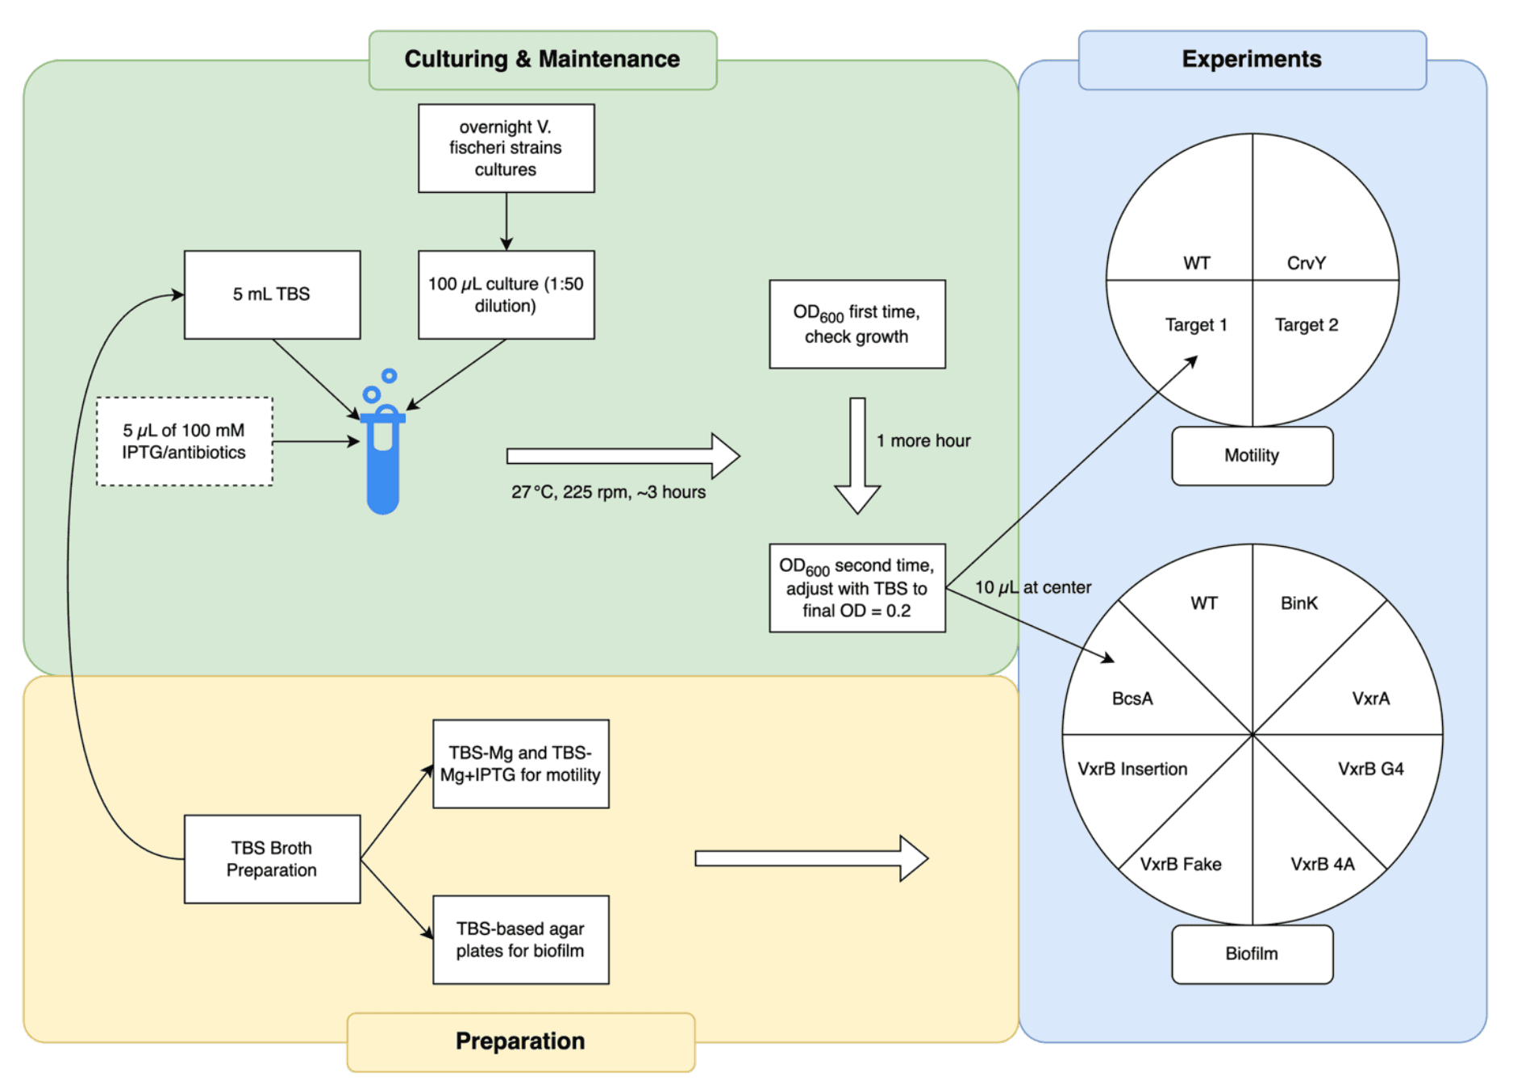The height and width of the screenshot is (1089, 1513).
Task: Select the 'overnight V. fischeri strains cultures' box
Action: pyautogui.click(x=506, y=148)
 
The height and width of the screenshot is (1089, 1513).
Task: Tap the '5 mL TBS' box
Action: pyautogui.click(x=272, y=294)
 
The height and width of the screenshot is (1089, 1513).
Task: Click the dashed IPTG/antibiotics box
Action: pyautogui.click(x=184, y=441)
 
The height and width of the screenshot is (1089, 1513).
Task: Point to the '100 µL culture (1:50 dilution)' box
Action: pyautogui.click(x=506, y=294)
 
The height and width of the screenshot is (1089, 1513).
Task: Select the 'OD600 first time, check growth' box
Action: pyautogui.click(x=857, y=324)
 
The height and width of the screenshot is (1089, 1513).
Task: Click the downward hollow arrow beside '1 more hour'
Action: pyautogui.click(x=857, y=456)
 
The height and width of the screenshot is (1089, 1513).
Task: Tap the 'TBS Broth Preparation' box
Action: pyautogui.click(x=272, y=859)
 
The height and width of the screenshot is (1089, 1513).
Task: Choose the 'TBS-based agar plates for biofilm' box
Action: pyautogui.click(x=520, y=940)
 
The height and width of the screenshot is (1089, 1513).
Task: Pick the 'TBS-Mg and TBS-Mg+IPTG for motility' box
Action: pyautogui.click(x=520, y=764)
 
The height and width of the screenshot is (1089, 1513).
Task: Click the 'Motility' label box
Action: pyautogui.click(x=1252, y=456)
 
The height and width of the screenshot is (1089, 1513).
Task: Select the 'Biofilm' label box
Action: pyautogui.click(x=1252, y=954)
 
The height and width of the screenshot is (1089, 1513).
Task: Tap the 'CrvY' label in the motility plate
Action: pyautogui.click(x=1307, y=263)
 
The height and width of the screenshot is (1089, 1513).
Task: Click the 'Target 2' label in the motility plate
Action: pyautogui.click(x=1307, y=325)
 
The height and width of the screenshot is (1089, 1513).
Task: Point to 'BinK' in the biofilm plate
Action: pyautogui.click(x=1299, y=603)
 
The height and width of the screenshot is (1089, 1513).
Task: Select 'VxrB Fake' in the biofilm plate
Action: pyautogui.click(x=1181, y=865)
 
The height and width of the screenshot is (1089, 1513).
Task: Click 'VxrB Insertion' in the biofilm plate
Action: pyautogui.click(x=1132, y=770)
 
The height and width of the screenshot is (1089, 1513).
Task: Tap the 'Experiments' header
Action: pyautogui.click(x=1252, y=60)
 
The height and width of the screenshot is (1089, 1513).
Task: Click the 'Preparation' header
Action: pyautogui.click(x=520, y=1041)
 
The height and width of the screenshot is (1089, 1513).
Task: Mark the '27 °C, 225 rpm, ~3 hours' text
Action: pyautogui.click(x=608, y=492)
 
